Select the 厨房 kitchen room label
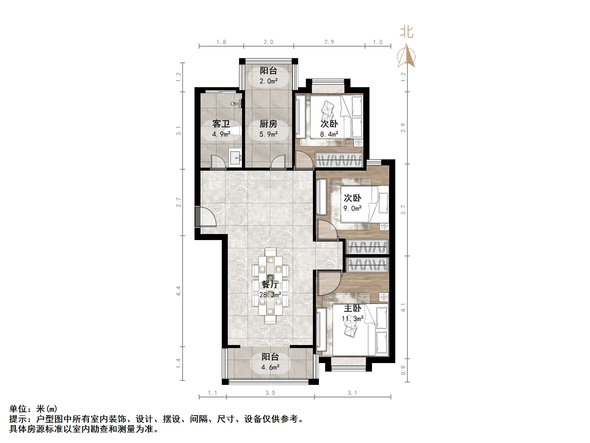[x=268, y=124]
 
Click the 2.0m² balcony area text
[x=269, y=81]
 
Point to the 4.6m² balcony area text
[x=270, y=367]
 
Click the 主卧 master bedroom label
[x=352, y=308]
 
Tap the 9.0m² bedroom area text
[x=352, y=208]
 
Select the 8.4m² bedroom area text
[x=329, y=134]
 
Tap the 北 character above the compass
[x=407, y=32]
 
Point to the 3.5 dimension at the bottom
[x=270, y=393]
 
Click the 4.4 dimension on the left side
[x=178, y=291]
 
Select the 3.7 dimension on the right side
[x=403, y=210]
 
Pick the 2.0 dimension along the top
[x=268, y=42]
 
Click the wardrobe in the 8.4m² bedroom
[x=339, y=160]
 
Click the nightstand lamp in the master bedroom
[x=383, y=297]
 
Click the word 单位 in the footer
[x=18, y=409]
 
